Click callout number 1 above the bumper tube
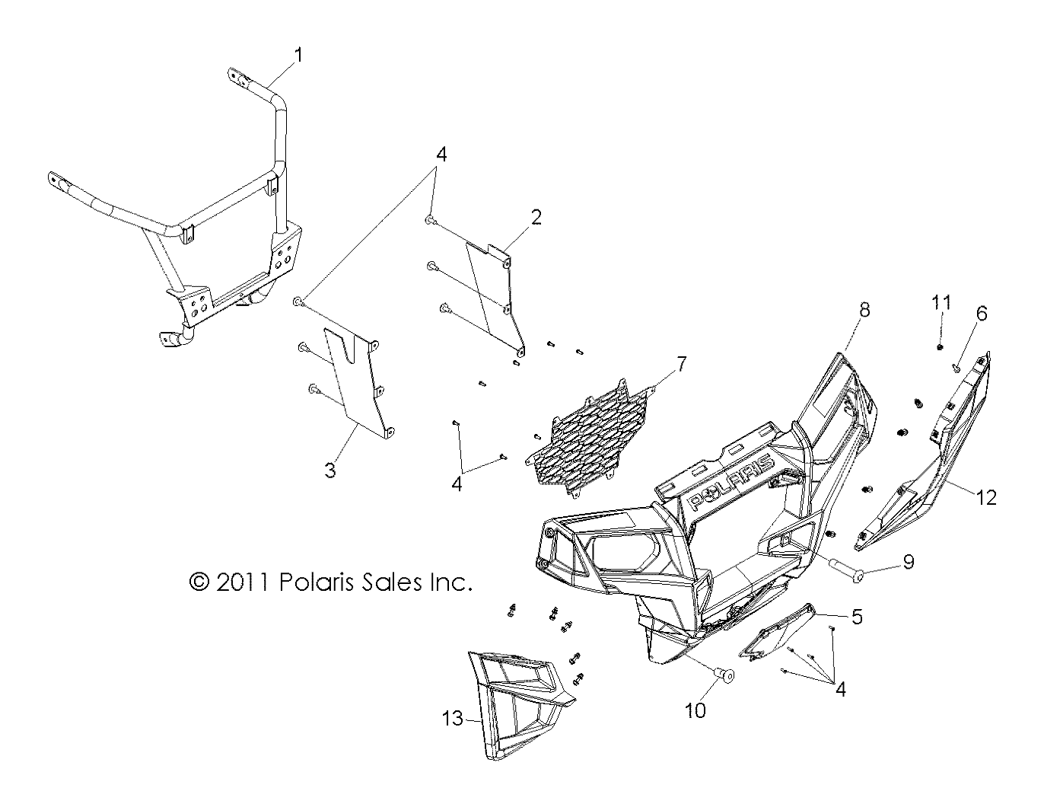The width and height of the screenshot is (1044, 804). [x=298, y=55]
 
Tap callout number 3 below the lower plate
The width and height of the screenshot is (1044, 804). [x=329, y=471]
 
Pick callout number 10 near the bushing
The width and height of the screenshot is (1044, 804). [x=695, y=710]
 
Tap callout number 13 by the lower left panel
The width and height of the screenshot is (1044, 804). [x=454, y=717]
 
